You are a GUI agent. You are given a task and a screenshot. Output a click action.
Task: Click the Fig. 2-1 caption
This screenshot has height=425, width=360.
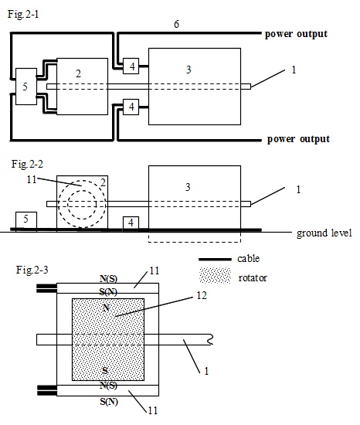(23, 14)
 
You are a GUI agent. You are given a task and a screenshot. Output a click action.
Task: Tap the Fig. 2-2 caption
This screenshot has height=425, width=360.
(27, 164)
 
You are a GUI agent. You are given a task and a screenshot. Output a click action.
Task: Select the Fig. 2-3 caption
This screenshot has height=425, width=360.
(32, 270)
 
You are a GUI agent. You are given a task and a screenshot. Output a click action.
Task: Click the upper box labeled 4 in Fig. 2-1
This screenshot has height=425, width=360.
(131, 66)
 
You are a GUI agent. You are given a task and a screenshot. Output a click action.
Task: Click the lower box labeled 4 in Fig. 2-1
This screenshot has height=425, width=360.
(131, 107)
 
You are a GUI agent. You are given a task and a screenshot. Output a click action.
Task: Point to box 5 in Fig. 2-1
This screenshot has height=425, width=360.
(26, 87)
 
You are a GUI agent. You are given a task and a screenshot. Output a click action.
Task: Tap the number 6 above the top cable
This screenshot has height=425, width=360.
(176, 25)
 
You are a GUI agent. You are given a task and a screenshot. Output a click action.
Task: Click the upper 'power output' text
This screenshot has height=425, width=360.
(296, 34)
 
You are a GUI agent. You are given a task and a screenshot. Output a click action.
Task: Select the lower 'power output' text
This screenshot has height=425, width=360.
(298, 139)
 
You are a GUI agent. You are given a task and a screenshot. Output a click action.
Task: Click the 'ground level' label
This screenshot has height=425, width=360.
(324, 233)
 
